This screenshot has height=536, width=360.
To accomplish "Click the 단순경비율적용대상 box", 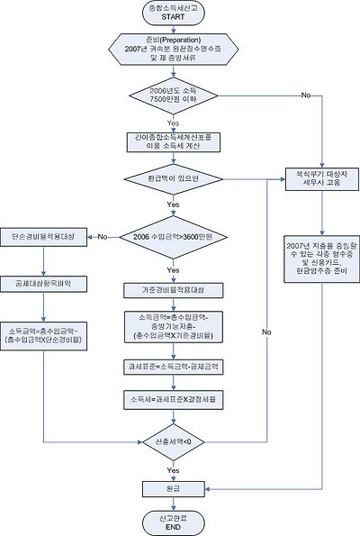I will tap(43, 236).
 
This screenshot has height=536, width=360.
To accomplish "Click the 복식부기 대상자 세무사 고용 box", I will tap(322, 175).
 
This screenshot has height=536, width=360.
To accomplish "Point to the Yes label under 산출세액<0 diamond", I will tap(170, 469).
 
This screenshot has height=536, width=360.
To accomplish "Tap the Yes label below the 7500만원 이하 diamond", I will tap(170, 123).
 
